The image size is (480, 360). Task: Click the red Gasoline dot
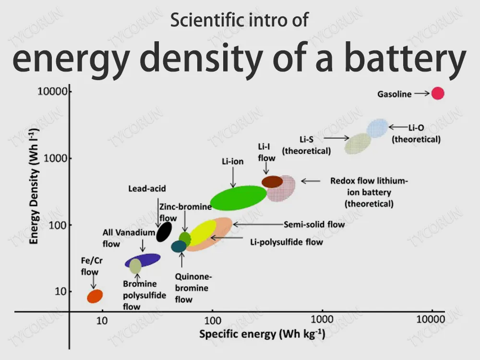pyautogui.click(x=437, y=93)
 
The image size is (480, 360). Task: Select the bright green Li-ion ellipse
pyautogui.click(x=239, y=197)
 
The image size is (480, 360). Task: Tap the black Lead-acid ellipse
pyautogui.click(x=164, y=232)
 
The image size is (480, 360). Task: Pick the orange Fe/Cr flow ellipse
pyautogui.click(x=95, y=296)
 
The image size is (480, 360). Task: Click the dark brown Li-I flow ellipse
pyautogui.click(x=272, y=181)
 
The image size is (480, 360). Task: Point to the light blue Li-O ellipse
pyautogui.click(x=377, y=128)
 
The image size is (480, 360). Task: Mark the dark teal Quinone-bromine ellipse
pyautogui.click(x=179, y=247)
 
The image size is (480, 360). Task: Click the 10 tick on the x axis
pyautogui.click(x=102, y=320)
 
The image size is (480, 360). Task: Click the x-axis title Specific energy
pyautogui.click(x=262, y=334)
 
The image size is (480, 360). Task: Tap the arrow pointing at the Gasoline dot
pyautogui.click(x=421, y=94)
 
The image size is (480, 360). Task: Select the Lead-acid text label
pyautogui.click(x=147, y=189)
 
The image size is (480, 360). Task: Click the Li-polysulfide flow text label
pyautogui.click(x=287, y=242)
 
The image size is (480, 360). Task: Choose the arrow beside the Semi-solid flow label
pyautogui.click(x=257, y=224)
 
